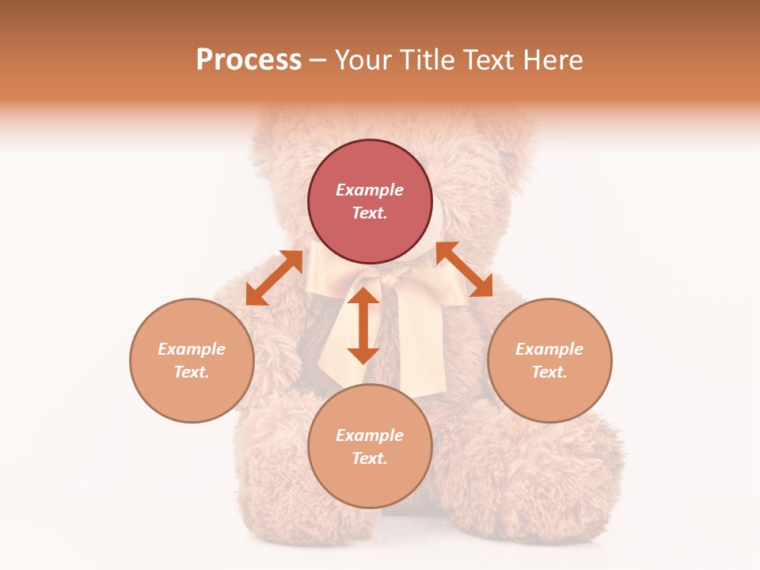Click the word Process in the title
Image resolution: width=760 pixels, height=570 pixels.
(x=249, y=60)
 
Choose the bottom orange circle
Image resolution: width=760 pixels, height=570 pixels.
(x=370, y=483)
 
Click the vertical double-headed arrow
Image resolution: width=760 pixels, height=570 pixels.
(x=363, y=325)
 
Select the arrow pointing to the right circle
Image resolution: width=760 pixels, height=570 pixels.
(x=465, y=269)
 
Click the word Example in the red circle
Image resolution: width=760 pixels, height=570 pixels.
(x=370, y=190)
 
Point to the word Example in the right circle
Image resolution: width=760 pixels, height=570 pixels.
(x=549, y=349)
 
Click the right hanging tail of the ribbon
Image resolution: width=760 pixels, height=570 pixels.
(x=420, y=348)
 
